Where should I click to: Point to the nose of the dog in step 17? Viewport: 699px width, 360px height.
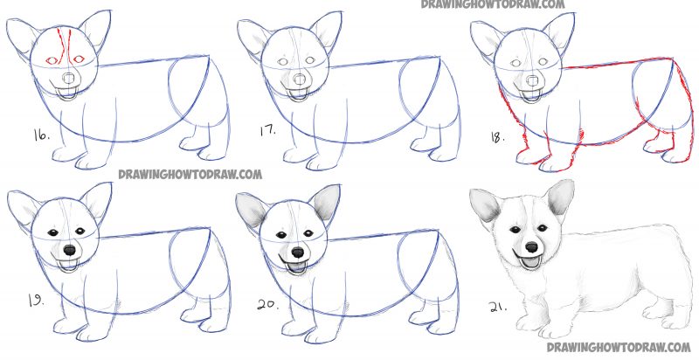coord(299,77)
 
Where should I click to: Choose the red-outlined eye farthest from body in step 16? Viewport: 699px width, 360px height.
coord(51,59)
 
